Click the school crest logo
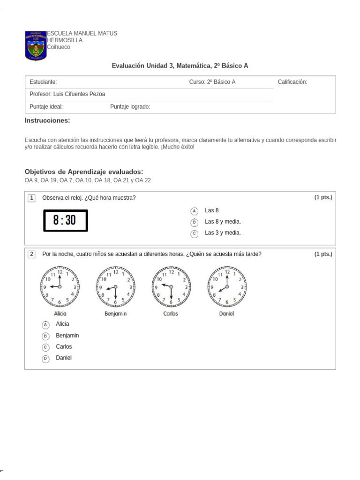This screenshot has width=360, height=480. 36,45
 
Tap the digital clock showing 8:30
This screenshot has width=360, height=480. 66,220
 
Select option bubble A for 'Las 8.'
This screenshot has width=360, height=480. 195,211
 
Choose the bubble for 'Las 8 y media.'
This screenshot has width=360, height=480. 195,222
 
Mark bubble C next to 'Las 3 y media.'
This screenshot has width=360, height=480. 195,233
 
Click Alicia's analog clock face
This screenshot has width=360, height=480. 60,286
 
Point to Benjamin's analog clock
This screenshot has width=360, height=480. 116,286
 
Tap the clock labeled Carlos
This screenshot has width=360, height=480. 171,286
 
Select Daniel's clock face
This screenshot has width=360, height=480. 227,286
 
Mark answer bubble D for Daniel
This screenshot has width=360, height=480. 45,359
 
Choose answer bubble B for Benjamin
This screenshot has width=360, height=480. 45,336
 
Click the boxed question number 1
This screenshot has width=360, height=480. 31,198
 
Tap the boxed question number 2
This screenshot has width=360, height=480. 31,255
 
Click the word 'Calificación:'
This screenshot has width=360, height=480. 292,82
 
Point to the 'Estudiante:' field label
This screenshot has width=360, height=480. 43,82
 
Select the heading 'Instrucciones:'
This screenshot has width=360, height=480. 47,121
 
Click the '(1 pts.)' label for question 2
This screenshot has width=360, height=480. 323,254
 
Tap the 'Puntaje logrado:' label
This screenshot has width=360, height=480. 130,107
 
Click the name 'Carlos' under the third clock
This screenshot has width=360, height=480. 171,314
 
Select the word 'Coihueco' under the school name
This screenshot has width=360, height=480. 59,47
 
